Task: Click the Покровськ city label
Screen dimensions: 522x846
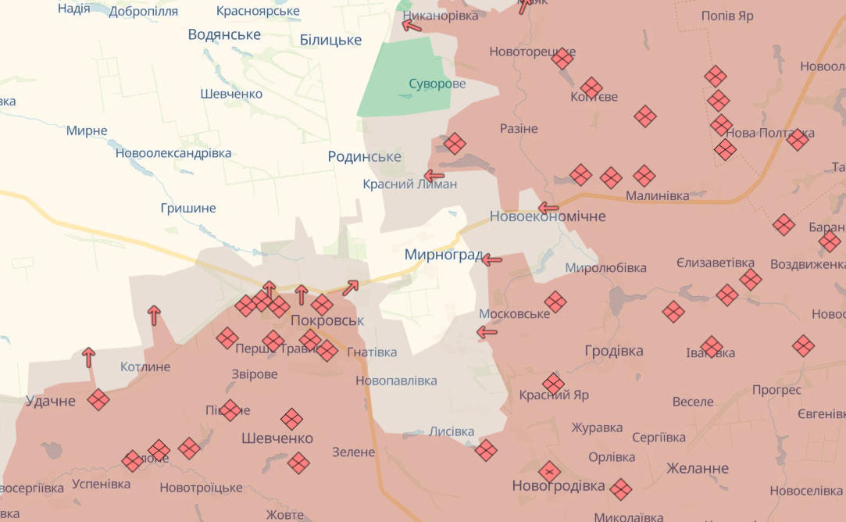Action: [327, 321]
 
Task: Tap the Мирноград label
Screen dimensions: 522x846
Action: [443, 255]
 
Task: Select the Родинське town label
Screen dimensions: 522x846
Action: [364, 157]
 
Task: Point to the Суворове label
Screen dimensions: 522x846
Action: [437, 84]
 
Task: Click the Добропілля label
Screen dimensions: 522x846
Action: [144, 11]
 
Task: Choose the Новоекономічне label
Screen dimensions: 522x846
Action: [548, 216]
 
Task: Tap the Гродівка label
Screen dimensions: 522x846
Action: [614, 351]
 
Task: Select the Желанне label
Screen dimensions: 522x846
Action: [698, 469]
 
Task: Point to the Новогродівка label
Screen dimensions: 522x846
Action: [559, 486]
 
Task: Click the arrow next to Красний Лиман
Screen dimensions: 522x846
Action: [434, 176]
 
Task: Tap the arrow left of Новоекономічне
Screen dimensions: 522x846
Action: [548, 209]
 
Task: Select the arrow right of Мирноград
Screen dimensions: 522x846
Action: [491, 259]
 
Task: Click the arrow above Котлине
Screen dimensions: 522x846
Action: [154, 315]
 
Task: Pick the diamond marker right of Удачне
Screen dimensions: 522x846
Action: [98, 400]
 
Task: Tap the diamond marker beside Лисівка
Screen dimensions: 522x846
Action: [486, 450]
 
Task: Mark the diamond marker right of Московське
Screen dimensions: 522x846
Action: [555, 302]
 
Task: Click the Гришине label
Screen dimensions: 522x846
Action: [187, 209]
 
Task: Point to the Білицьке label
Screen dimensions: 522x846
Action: [330, 40]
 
